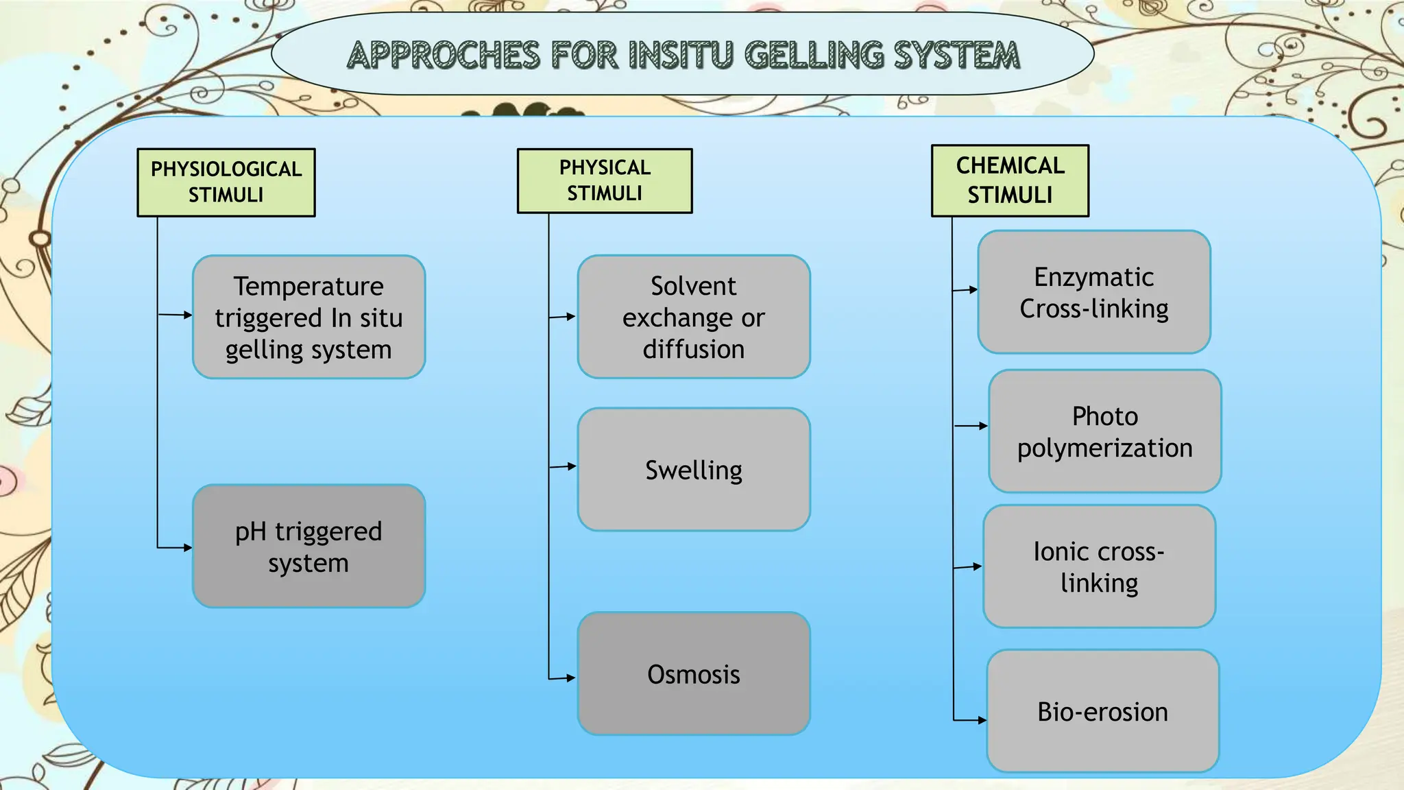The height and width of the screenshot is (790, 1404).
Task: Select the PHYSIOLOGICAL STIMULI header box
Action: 226,182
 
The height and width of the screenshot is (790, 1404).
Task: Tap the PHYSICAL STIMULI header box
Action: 605,181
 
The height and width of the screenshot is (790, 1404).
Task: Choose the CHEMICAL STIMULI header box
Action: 1010,180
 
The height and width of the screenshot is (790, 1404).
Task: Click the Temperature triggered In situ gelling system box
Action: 308,317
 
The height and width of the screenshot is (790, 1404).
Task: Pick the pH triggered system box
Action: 308,547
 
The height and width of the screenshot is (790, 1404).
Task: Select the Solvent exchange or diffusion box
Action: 694,317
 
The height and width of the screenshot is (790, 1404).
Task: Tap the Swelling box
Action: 694,470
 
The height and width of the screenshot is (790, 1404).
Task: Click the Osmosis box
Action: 694,673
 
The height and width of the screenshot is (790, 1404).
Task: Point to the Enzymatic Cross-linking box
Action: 1094,292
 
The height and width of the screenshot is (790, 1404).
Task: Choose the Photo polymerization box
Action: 1104,431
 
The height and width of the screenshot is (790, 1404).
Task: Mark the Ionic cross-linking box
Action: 1099,566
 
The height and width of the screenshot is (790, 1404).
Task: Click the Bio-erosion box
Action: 1102,711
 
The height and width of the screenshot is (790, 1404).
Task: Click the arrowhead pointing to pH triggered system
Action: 187,547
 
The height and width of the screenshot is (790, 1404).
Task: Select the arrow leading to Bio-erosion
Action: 982,720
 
